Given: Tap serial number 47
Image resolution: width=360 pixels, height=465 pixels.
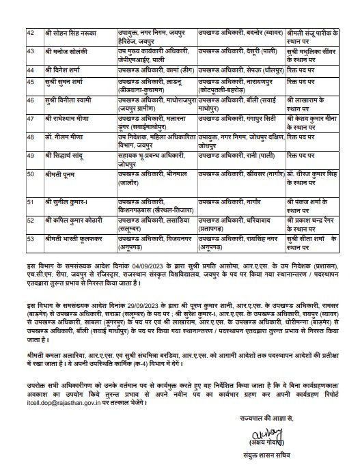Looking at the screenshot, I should (x=29, y=117).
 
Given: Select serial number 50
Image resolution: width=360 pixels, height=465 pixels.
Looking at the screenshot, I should (x=29, y=173).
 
